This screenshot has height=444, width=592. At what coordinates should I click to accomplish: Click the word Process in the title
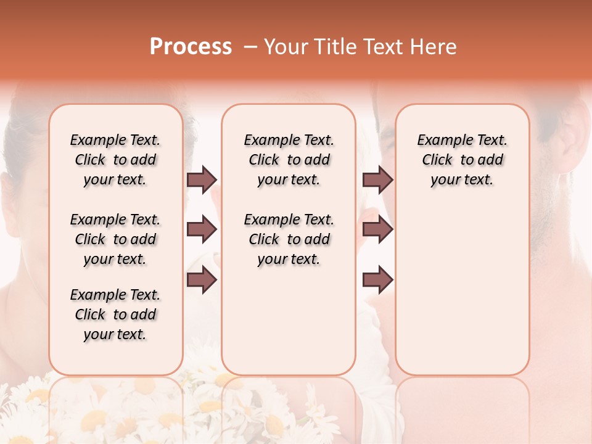point(191,47)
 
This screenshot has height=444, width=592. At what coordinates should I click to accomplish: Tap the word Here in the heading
point(434,47)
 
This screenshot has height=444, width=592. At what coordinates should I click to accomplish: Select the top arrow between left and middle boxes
point(202,179)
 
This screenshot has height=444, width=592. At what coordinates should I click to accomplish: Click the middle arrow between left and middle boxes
point(202,230)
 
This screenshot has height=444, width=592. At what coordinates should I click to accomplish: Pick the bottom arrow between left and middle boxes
point(202,280)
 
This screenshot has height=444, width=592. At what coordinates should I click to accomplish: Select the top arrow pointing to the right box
point(377,179)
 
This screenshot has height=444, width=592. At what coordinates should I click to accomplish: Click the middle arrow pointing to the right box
point(377,230)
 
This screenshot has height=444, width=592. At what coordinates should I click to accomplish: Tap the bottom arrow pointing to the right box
point(377,280)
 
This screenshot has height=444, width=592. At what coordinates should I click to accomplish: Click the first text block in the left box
point(115,160)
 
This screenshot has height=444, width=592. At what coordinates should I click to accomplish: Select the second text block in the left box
point(115,239)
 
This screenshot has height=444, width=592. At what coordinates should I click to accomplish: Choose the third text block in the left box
point(115,314)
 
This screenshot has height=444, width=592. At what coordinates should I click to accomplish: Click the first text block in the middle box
point(289,160)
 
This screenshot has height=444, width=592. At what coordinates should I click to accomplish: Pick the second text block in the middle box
point(289,239)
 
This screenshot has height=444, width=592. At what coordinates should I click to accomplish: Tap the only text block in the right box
point(462,160)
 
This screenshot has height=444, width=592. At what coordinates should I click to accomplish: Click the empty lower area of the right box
point(462,290)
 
